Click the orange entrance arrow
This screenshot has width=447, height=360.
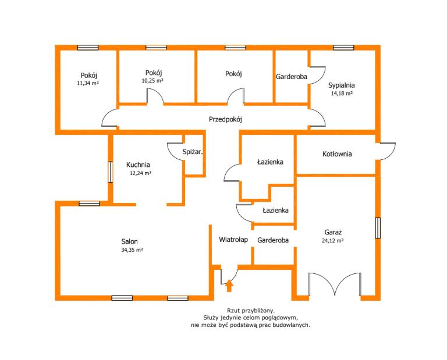coord(229,286)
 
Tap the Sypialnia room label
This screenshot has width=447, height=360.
coord(342,85)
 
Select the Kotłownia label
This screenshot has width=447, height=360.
coord(337,154)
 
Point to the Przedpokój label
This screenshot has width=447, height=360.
coord(225,119)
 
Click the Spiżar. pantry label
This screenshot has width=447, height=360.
coord(193,152)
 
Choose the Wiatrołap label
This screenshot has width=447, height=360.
coord(233,240)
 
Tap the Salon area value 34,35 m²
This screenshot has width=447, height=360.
coord(132,249)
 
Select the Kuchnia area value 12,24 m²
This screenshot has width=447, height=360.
coord(140,173)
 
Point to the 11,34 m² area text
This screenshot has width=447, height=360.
coord(88,83)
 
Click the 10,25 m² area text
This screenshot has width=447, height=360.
coord(152,80)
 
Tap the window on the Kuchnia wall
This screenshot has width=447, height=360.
coord(111,172)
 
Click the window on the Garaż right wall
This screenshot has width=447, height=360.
coord(378,228)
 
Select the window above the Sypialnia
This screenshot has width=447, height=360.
coord(343,48)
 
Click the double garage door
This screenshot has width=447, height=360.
coord(335,284)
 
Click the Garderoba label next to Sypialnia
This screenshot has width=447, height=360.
coord(292,77)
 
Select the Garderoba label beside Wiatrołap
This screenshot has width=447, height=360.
coord(273,240)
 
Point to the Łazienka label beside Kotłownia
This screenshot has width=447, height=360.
coord(270,162)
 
